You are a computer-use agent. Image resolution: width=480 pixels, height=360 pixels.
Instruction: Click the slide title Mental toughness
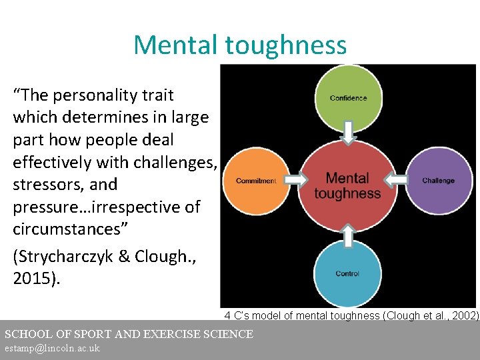click(240, 45)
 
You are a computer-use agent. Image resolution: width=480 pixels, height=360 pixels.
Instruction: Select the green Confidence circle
click(347, 97)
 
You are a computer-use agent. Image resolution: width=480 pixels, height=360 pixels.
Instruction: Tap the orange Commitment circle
click(256, 181)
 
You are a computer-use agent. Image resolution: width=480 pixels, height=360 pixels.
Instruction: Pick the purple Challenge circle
click(438, 181)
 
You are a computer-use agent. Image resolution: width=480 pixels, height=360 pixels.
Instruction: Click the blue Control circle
click(347, 273)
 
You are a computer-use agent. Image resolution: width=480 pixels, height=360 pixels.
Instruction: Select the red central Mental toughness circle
click(347, 185)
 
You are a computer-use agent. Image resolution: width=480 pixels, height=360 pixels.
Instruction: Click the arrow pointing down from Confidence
click(347, 132)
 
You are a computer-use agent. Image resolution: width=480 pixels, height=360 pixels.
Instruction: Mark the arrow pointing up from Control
click(347, 235)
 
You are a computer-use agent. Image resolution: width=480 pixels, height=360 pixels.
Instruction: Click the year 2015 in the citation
click(33, 278)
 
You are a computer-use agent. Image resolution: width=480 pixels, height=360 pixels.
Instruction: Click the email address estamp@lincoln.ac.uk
click(52, 349)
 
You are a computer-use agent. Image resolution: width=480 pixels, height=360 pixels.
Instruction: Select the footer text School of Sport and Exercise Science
click(129, 334)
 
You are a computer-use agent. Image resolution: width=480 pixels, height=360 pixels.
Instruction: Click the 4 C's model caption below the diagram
click(351, 315)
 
